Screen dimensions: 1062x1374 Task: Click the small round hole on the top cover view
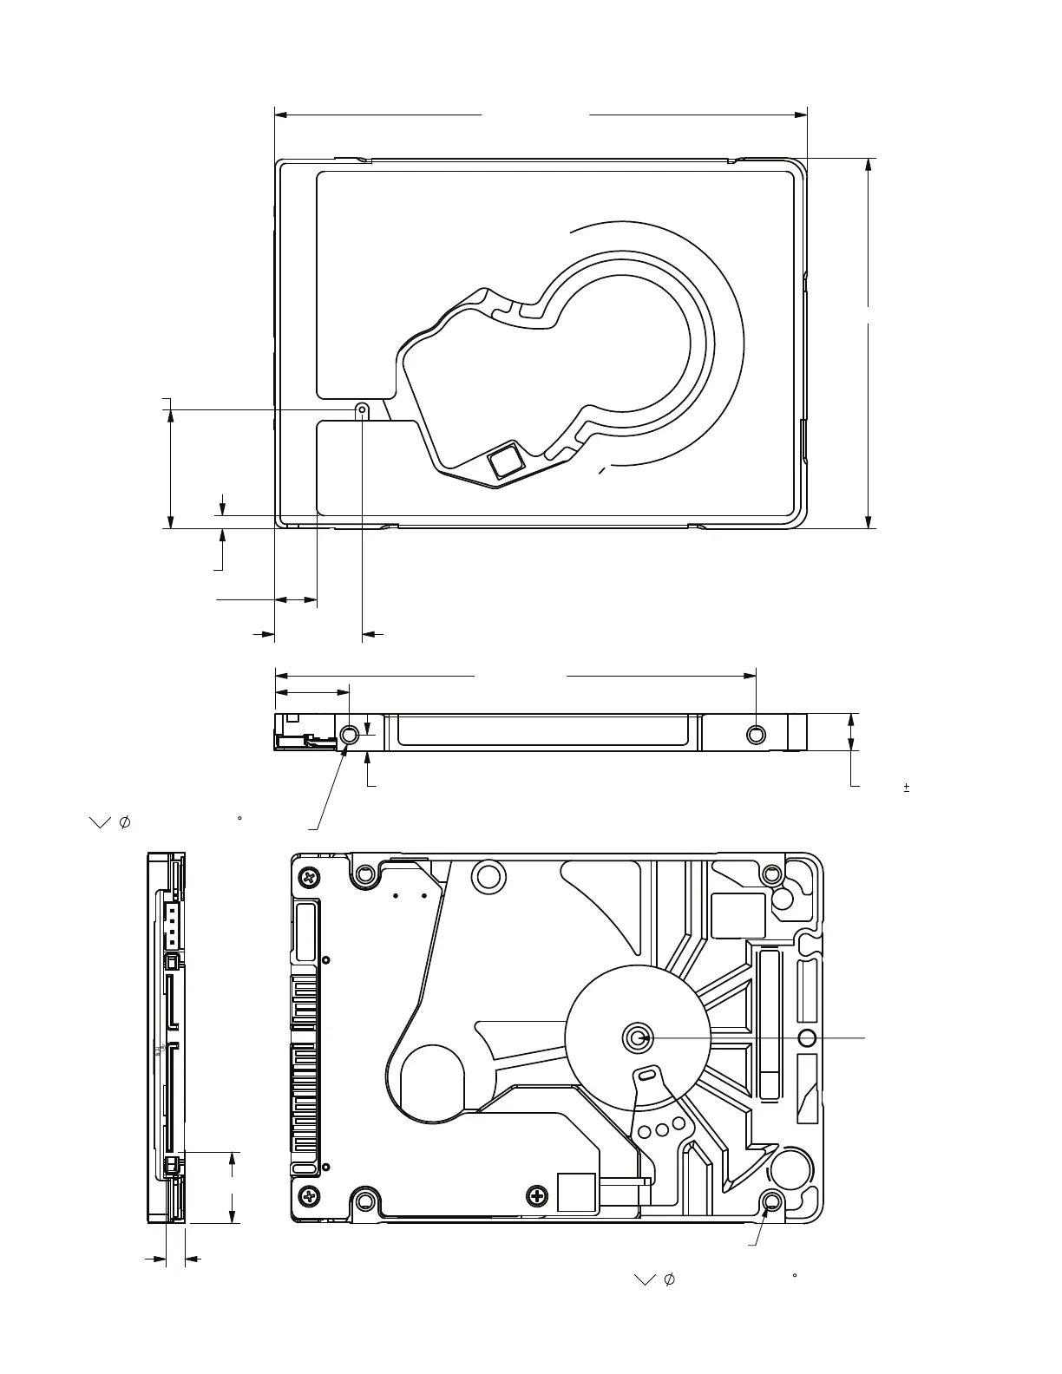(362, 409)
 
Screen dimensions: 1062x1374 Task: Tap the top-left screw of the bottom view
(308, 877)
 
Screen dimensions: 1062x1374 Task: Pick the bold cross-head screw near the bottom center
(538, 1197)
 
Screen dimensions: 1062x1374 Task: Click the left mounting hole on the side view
(350, 735)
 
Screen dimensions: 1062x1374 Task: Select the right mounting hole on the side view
(757, 735)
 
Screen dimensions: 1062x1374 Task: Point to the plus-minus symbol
(907, 788)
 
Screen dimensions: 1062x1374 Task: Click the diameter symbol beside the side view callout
(124, 821)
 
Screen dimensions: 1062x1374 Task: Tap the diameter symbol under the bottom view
(670, 1279)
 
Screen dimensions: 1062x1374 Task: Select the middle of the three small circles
(662, 1129)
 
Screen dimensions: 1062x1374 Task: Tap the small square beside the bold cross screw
(576, 1193)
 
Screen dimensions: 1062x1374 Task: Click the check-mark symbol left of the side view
(100, 822)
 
